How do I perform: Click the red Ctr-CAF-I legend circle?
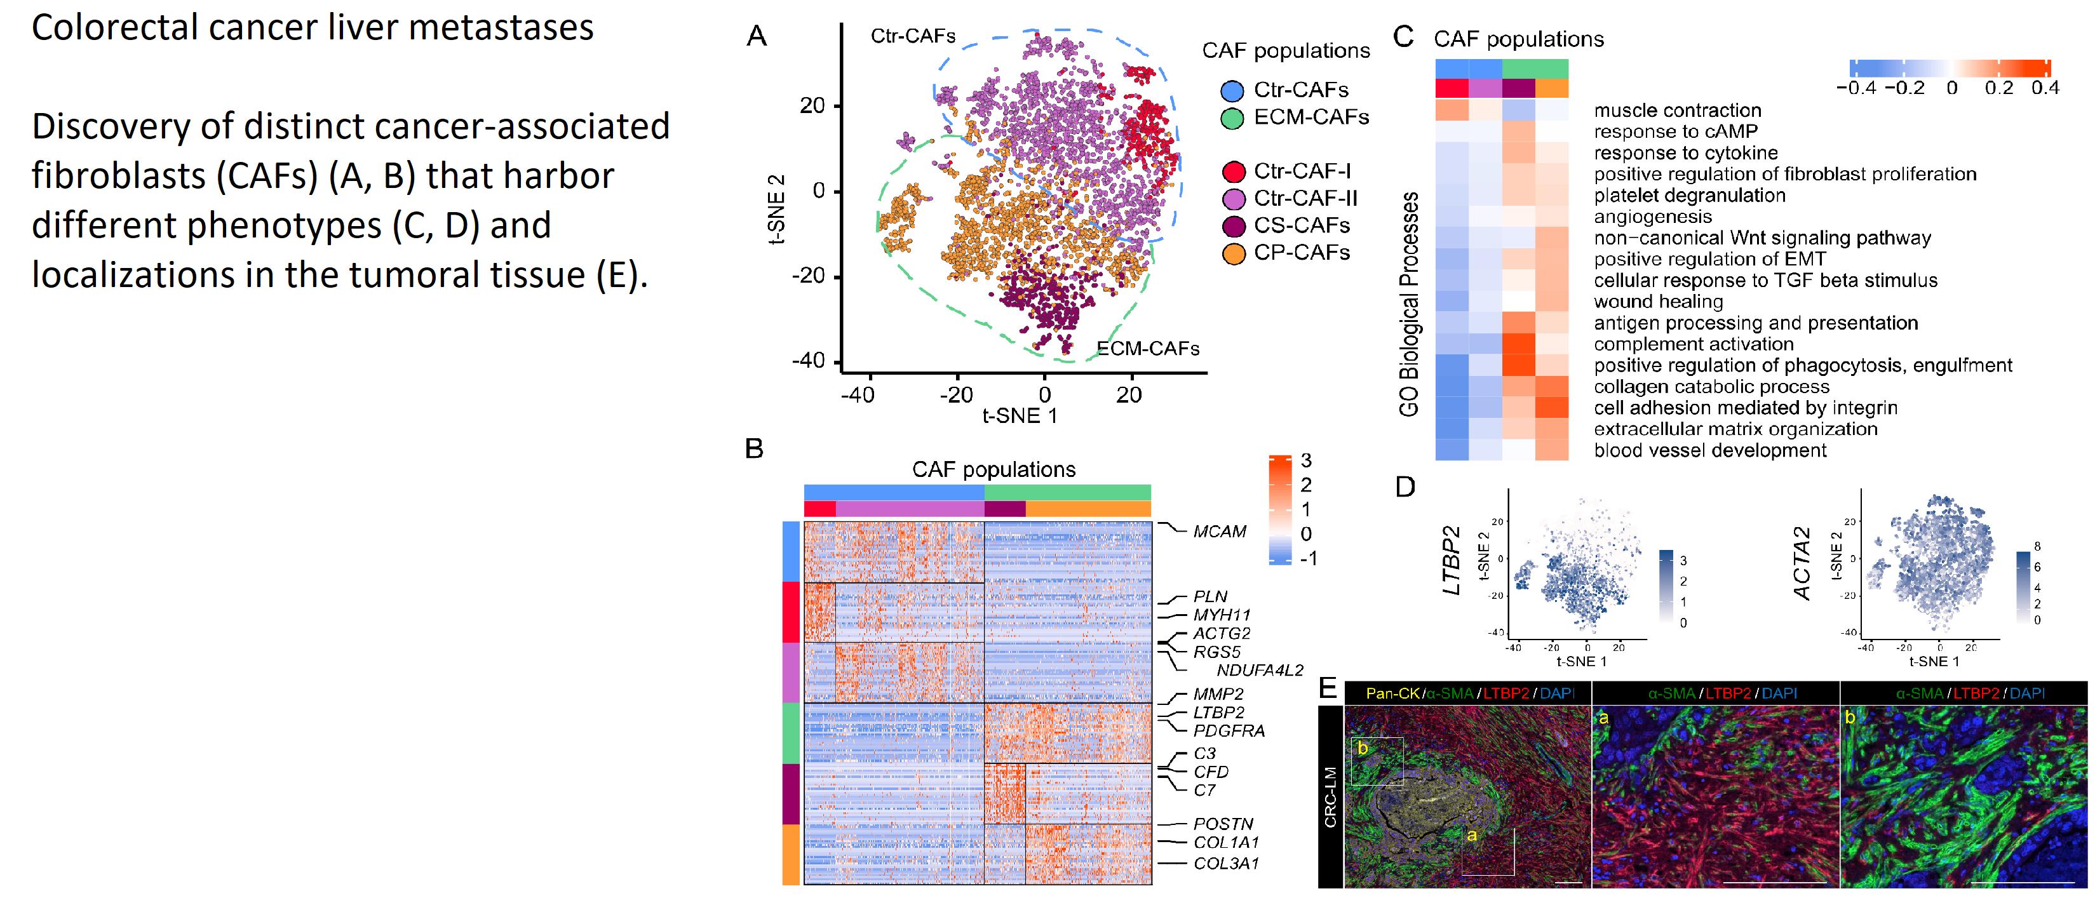coord(1234,171)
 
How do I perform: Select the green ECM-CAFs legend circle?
coord(1232,118)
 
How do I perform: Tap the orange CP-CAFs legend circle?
coord(1234,254)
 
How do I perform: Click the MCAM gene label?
coord(1219,532)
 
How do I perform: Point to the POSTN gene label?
coord(1222,824)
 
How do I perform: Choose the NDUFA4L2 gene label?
coord(1259,670)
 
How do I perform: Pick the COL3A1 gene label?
coord(1225,864)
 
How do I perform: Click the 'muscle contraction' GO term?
coord(1677,111)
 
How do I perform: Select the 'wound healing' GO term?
coord(1657,302)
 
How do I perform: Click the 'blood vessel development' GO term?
coord(1709,451)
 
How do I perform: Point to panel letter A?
coord(757,37)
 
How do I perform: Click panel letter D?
coord(1405,487)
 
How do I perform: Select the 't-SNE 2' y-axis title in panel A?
coord(777,209)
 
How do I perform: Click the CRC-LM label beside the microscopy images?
coord(1331,797)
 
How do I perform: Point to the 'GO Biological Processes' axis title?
coord(1410,304)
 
